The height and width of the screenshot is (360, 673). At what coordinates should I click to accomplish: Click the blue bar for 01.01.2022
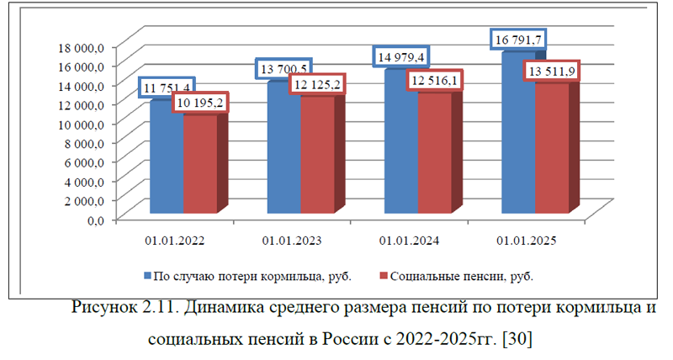(x=167, y=160)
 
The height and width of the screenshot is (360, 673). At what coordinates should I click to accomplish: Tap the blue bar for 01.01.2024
(x=400, y=143)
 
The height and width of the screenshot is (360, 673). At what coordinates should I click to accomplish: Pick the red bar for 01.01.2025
(x=551, y=147)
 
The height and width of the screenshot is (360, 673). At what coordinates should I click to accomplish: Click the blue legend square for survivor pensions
(x=147, y=275)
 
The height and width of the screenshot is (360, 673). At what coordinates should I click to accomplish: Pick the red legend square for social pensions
(x=383, y=275)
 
